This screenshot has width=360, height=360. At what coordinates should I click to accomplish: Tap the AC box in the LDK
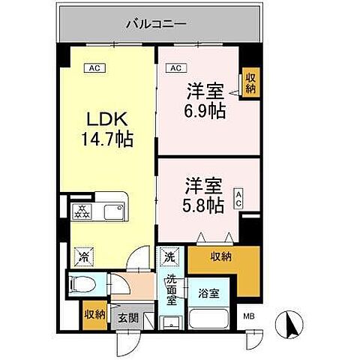click(x=95, y=68)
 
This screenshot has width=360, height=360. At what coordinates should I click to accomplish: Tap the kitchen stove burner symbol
click(x=79, y=211)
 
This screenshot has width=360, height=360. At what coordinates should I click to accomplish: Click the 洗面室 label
click(x=171, y=290)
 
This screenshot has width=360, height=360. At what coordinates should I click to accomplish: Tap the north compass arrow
click(x=291, y=325)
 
